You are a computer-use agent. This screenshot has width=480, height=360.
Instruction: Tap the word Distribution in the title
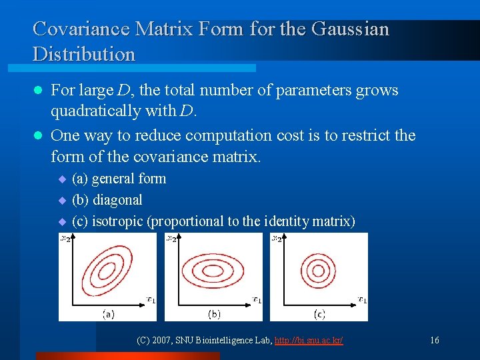pos(84,55)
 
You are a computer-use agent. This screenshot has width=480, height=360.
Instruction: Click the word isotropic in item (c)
pos(118,221)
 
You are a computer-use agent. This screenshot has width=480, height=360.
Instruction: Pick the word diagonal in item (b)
pos(117,200)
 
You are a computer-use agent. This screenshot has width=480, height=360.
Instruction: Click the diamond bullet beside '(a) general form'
pos(63,179)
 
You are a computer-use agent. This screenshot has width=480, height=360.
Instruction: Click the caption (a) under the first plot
pos(107,313)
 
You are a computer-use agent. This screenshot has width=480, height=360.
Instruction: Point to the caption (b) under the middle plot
pos(214,313)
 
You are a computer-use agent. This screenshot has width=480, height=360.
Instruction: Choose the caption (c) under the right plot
pos(319,313)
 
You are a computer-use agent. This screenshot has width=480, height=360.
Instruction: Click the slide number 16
pos(434,341)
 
